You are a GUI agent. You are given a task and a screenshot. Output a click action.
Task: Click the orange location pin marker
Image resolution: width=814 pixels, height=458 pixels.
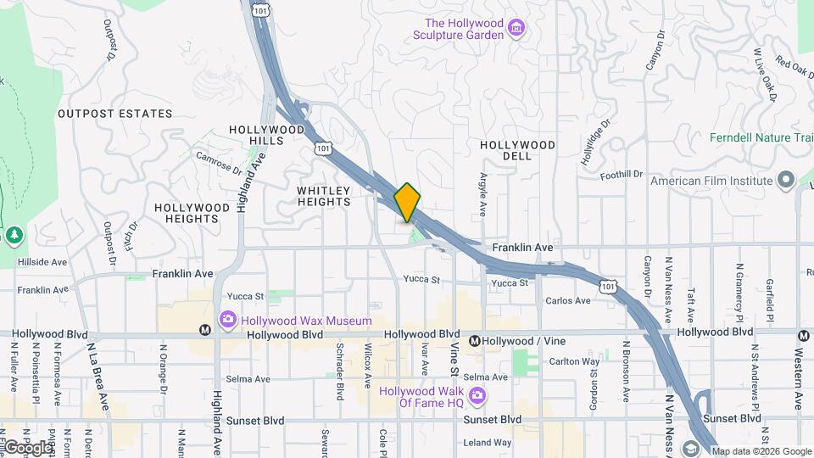(x=408, y=202)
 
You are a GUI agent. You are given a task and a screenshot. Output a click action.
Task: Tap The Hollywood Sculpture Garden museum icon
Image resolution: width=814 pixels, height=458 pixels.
(x=516, y=30)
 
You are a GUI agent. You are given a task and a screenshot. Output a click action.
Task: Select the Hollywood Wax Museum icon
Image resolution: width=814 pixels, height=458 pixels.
(x=227, y=321)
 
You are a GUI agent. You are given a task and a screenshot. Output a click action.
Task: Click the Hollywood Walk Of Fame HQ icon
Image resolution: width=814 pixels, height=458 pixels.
(x=477, y=396)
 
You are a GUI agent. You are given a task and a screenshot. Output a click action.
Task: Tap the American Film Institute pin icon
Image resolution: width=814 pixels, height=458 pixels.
(x=785, y=180)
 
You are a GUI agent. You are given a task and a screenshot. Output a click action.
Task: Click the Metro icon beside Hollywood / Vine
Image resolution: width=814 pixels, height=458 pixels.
(x=475, y=341)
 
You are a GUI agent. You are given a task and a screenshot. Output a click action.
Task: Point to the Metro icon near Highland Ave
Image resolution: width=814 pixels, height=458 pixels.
(x=203, y=330)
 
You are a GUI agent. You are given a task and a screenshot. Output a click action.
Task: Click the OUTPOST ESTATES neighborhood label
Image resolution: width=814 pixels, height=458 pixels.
(x=114, y=114)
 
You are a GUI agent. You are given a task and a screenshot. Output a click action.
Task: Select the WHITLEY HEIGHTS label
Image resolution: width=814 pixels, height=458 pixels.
(x=324, y=197)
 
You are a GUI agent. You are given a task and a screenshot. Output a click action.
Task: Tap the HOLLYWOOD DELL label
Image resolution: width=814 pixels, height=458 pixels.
(x=517, y=150)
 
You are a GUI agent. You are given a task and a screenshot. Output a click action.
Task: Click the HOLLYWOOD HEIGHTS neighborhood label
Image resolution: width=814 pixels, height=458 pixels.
(x=192, y=213)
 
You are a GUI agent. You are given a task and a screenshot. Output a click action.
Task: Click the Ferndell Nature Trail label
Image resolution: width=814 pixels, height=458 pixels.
(x=761, y=137)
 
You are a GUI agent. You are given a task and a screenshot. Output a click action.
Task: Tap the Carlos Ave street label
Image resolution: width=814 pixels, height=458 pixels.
(x=568, y=301)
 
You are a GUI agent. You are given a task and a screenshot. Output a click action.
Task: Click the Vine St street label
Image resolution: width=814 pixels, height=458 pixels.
(x=454, y=361)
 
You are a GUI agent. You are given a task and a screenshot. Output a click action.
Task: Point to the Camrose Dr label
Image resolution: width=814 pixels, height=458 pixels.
(x=218, y=160)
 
